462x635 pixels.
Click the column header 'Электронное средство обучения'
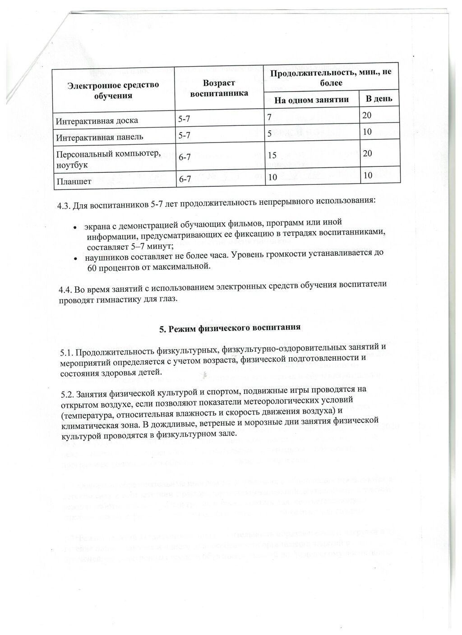(x=113, y=90)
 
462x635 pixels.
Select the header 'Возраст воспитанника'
(x=219, y=88)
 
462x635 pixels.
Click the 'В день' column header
(x=379, y=99)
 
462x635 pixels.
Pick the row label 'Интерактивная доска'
(x=97, y=120)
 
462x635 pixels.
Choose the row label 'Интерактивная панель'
(x=100, y=136)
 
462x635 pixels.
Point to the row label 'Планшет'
(x=74, y=181)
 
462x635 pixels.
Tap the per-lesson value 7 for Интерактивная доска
(x=269, y=118)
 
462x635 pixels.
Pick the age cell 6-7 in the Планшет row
(x=185, y=179)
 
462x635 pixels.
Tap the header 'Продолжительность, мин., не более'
(x=331, y=78)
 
